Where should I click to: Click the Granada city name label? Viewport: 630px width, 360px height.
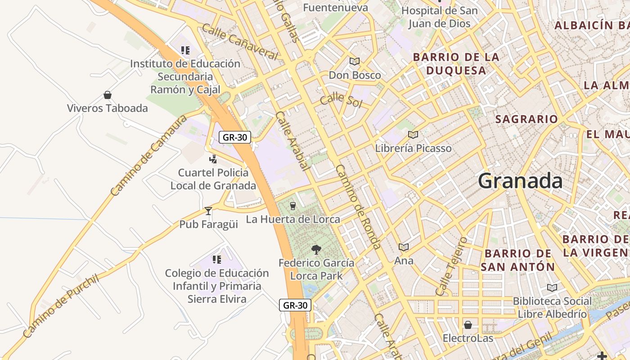coord(520,181)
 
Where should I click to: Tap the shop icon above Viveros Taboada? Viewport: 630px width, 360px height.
coord(108,95)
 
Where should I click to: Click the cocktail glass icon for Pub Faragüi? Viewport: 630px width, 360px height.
coord(208,211)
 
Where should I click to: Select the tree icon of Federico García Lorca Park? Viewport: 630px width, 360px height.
coord(316,250)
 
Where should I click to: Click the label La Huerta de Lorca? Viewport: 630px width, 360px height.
coord(292,219)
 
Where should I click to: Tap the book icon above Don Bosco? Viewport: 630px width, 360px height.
coord(355,62)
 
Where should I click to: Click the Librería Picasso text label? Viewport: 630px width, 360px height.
coord(413,148)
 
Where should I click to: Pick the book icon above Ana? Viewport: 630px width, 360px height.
coord(404,247)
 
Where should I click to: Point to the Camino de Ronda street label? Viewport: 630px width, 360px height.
coord(358,206)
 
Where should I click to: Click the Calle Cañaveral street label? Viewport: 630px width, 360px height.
coord(240,41)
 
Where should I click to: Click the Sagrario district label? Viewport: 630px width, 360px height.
coord(526,119)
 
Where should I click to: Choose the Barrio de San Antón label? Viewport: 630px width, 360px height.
coord(517,260)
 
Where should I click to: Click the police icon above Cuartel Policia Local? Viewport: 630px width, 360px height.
coord(213,159)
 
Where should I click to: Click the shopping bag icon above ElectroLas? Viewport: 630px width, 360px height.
coord(468,325)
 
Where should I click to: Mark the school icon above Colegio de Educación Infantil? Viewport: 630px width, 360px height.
coord(217,260)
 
